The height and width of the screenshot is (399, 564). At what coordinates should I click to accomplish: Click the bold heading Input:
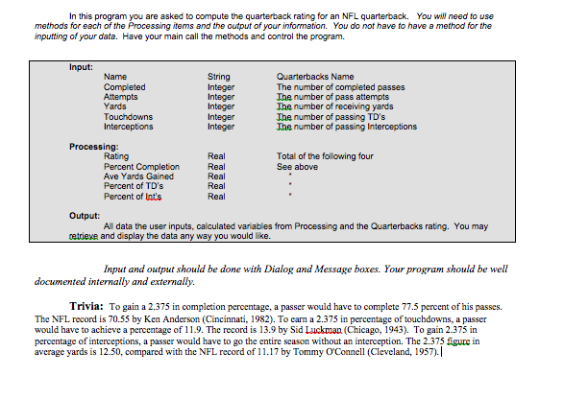[x=81, y=67]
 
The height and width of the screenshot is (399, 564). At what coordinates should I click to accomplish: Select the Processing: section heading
[x=94, y=146]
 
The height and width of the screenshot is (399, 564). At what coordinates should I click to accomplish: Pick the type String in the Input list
[x=218, y=77]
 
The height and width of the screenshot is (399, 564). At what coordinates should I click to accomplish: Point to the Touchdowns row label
[x=128, y=116]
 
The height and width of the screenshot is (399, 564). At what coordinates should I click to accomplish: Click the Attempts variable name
[x=120, y=97]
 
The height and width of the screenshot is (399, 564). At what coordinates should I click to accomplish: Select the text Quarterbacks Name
[x=314, y=77]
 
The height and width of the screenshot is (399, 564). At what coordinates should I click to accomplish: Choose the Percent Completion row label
[x=141, y=166]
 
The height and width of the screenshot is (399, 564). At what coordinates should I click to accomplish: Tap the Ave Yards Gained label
[x=138, y=176]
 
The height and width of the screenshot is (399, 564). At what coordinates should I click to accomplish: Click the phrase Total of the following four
[x=324, y=155]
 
